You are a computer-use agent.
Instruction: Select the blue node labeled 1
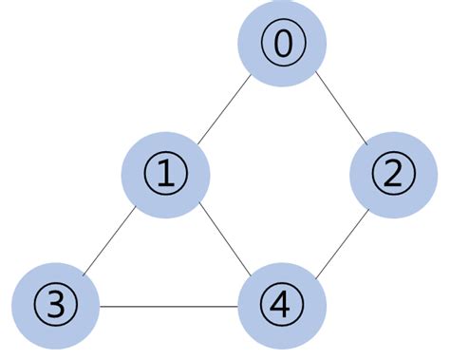tap(165, 173)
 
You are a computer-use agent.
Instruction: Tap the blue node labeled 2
tap(392, 173)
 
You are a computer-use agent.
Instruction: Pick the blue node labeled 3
tap(56, 305)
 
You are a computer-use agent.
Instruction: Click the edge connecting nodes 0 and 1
tap(224, 108)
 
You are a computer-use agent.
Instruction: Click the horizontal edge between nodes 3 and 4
tap(169, 306)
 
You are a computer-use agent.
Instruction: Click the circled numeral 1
tap(165, 173)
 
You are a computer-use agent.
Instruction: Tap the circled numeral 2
tap(392, 173)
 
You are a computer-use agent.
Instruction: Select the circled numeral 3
tap(56, 305)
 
